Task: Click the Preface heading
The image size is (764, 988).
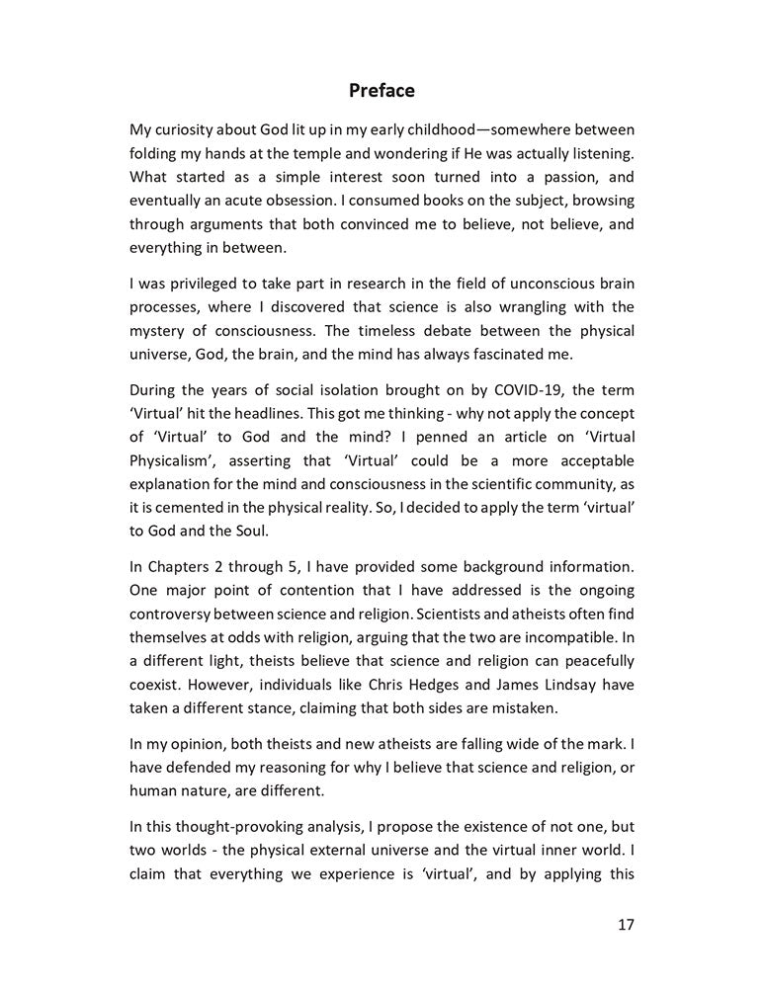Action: click(382, 91)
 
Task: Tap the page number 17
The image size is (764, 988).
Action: click(625, 925)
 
